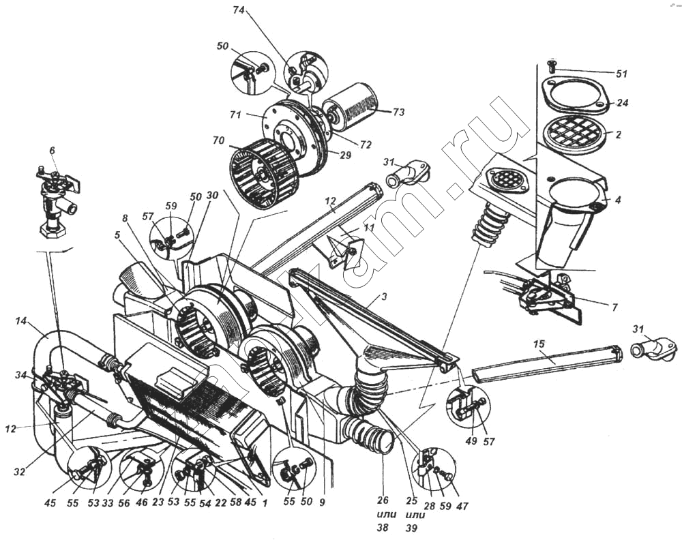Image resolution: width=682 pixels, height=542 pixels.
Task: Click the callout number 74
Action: pyautogui.click(x=238, y=12)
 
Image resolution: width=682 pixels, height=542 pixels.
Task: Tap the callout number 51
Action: pyautogui.click(x=621, y=73)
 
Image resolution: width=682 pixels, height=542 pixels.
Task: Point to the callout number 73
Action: pyautogui.click(x=398, y=111)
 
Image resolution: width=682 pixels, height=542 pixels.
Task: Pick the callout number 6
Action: pyautogui.click(x=52, y=151)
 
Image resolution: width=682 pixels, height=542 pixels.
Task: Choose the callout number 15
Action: pyautogui.click(x=539, y=344)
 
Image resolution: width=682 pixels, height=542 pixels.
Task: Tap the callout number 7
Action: pyautogui.click(x=614, y=307)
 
